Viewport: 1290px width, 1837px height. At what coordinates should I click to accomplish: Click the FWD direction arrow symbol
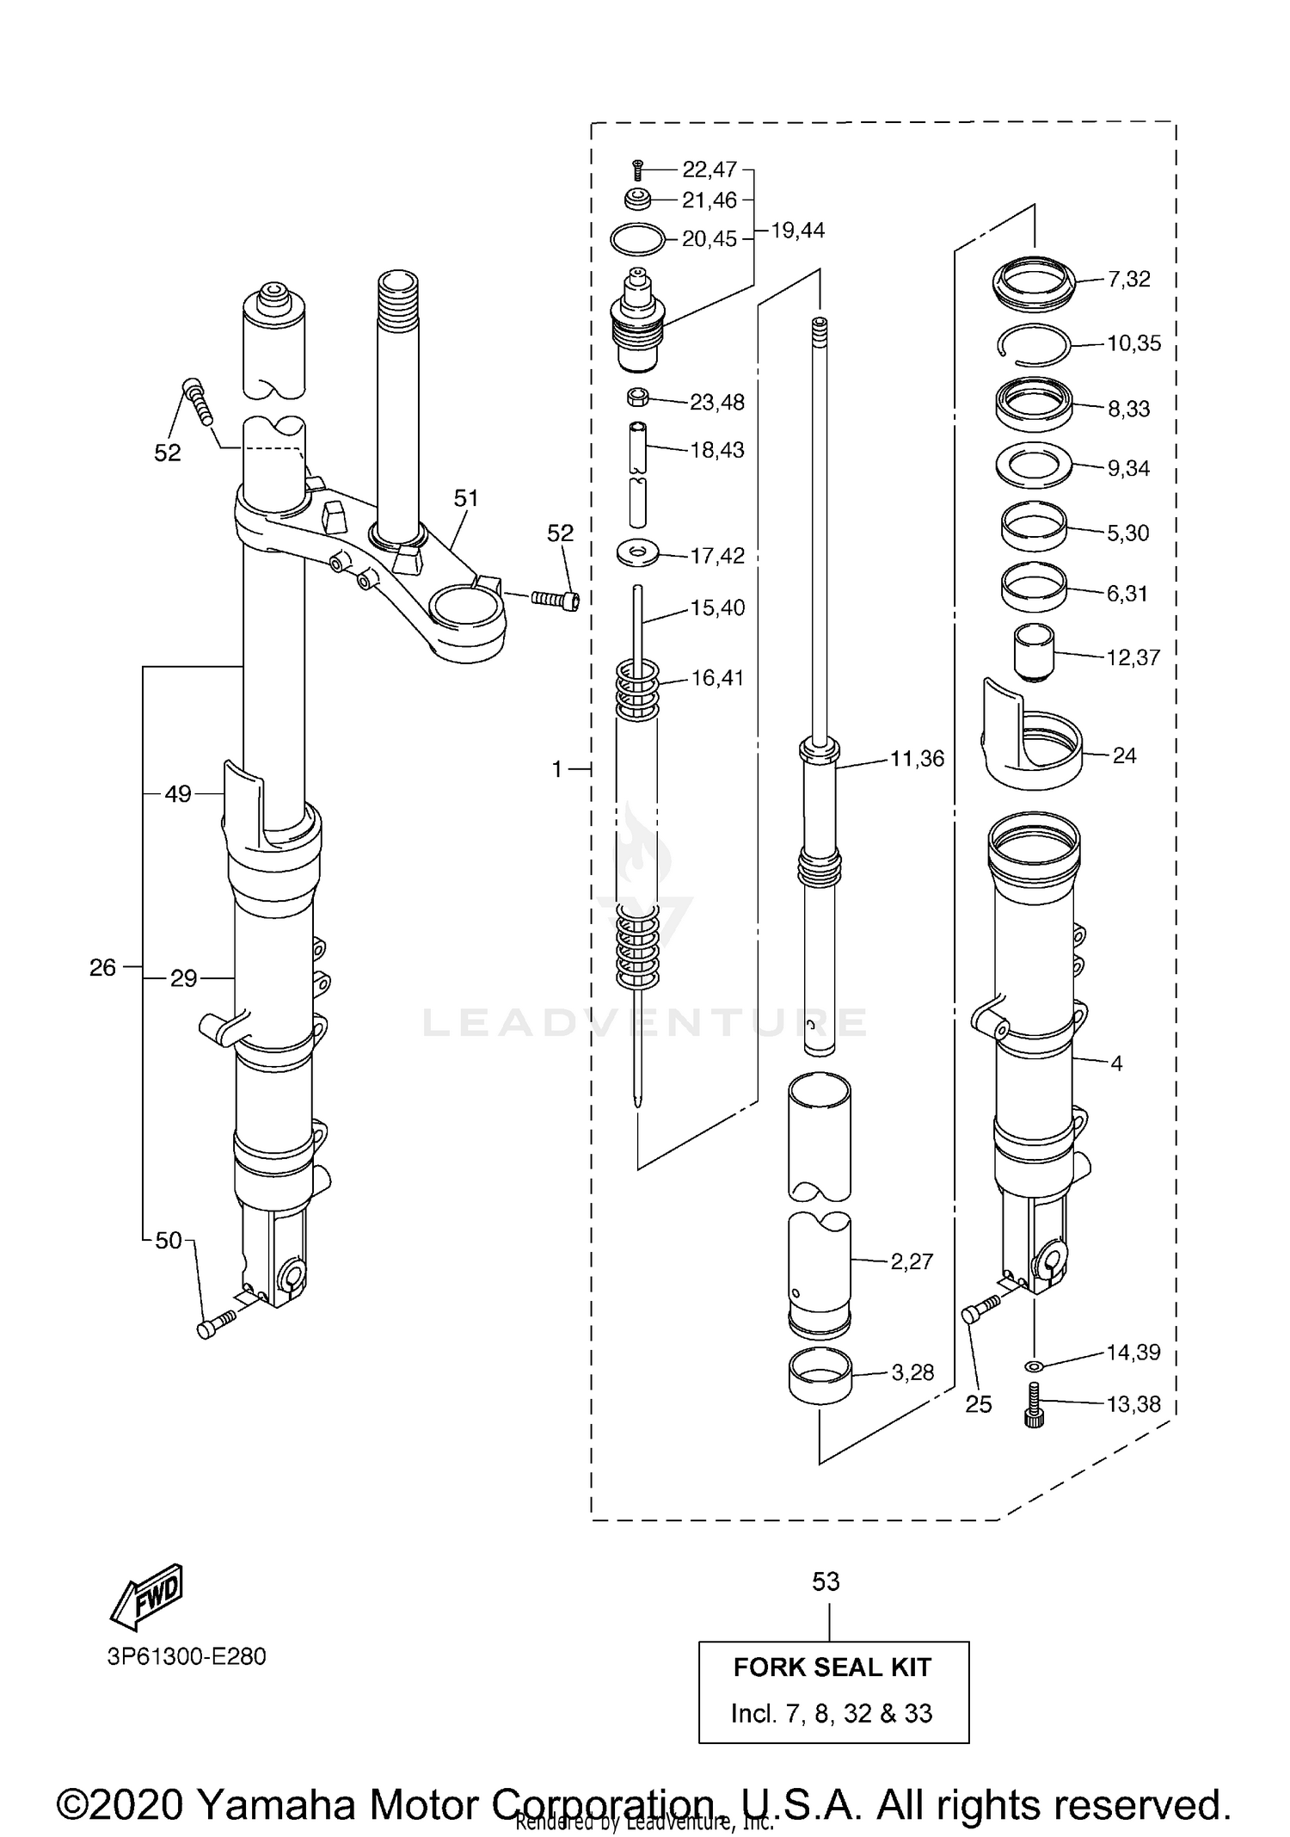[147, 1597]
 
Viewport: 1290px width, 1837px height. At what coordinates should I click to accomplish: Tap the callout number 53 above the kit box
[826, 1581]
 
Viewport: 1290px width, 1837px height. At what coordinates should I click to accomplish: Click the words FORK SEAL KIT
[832, 1667]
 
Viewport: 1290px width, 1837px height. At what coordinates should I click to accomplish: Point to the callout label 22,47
[709, 169]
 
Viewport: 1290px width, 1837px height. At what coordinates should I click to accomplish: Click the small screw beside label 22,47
[637, 170]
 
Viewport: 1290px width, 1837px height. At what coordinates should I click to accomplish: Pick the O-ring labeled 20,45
[637, 238]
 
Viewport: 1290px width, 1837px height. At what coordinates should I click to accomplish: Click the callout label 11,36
[917, 759]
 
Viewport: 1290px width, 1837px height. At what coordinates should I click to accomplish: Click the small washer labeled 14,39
[1033, 1365]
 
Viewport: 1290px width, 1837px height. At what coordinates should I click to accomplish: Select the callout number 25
[979, 1404]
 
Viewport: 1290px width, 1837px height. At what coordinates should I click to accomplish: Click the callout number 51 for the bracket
[466, 498]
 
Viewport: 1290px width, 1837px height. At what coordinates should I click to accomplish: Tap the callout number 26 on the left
[102, 968]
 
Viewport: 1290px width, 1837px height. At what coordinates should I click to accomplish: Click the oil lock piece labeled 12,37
[1034, 652]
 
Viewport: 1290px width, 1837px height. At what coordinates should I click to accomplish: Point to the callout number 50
[169, 1240]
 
